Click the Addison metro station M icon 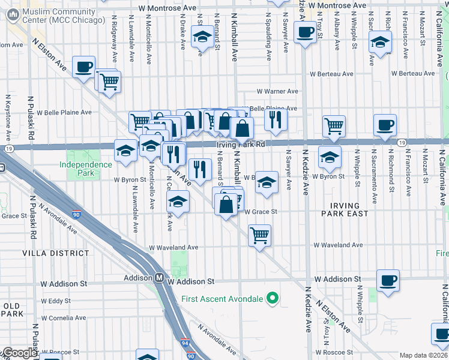pyautogui.click(x=160, y=278)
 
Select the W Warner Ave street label pyautogui.click(x=277, y=91)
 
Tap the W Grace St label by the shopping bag pyautogui.click(x=260, y=211)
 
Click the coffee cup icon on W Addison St pyautogui.click(x=388, y=280)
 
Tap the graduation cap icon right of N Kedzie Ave pyautogui.click(x=329, y=157)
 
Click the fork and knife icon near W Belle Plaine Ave pyautogui.click(x=276, y=119)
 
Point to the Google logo pyautogui.click(x=20, y=353)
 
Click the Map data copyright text pyautogui.click(x=423, y=355)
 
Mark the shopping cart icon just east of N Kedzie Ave pyautogui.click(x=334, y=125)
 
